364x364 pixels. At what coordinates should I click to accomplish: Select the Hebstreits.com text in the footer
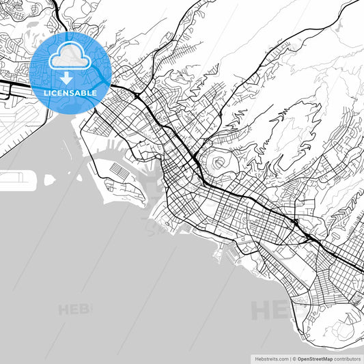tap(270, 357)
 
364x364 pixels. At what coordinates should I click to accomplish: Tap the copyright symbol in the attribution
tap(294, 357)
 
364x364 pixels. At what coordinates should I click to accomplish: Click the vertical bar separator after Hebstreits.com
tap(290, 357)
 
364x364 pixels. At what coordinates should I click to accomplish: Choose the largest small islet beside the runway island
tap(49, 180)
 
